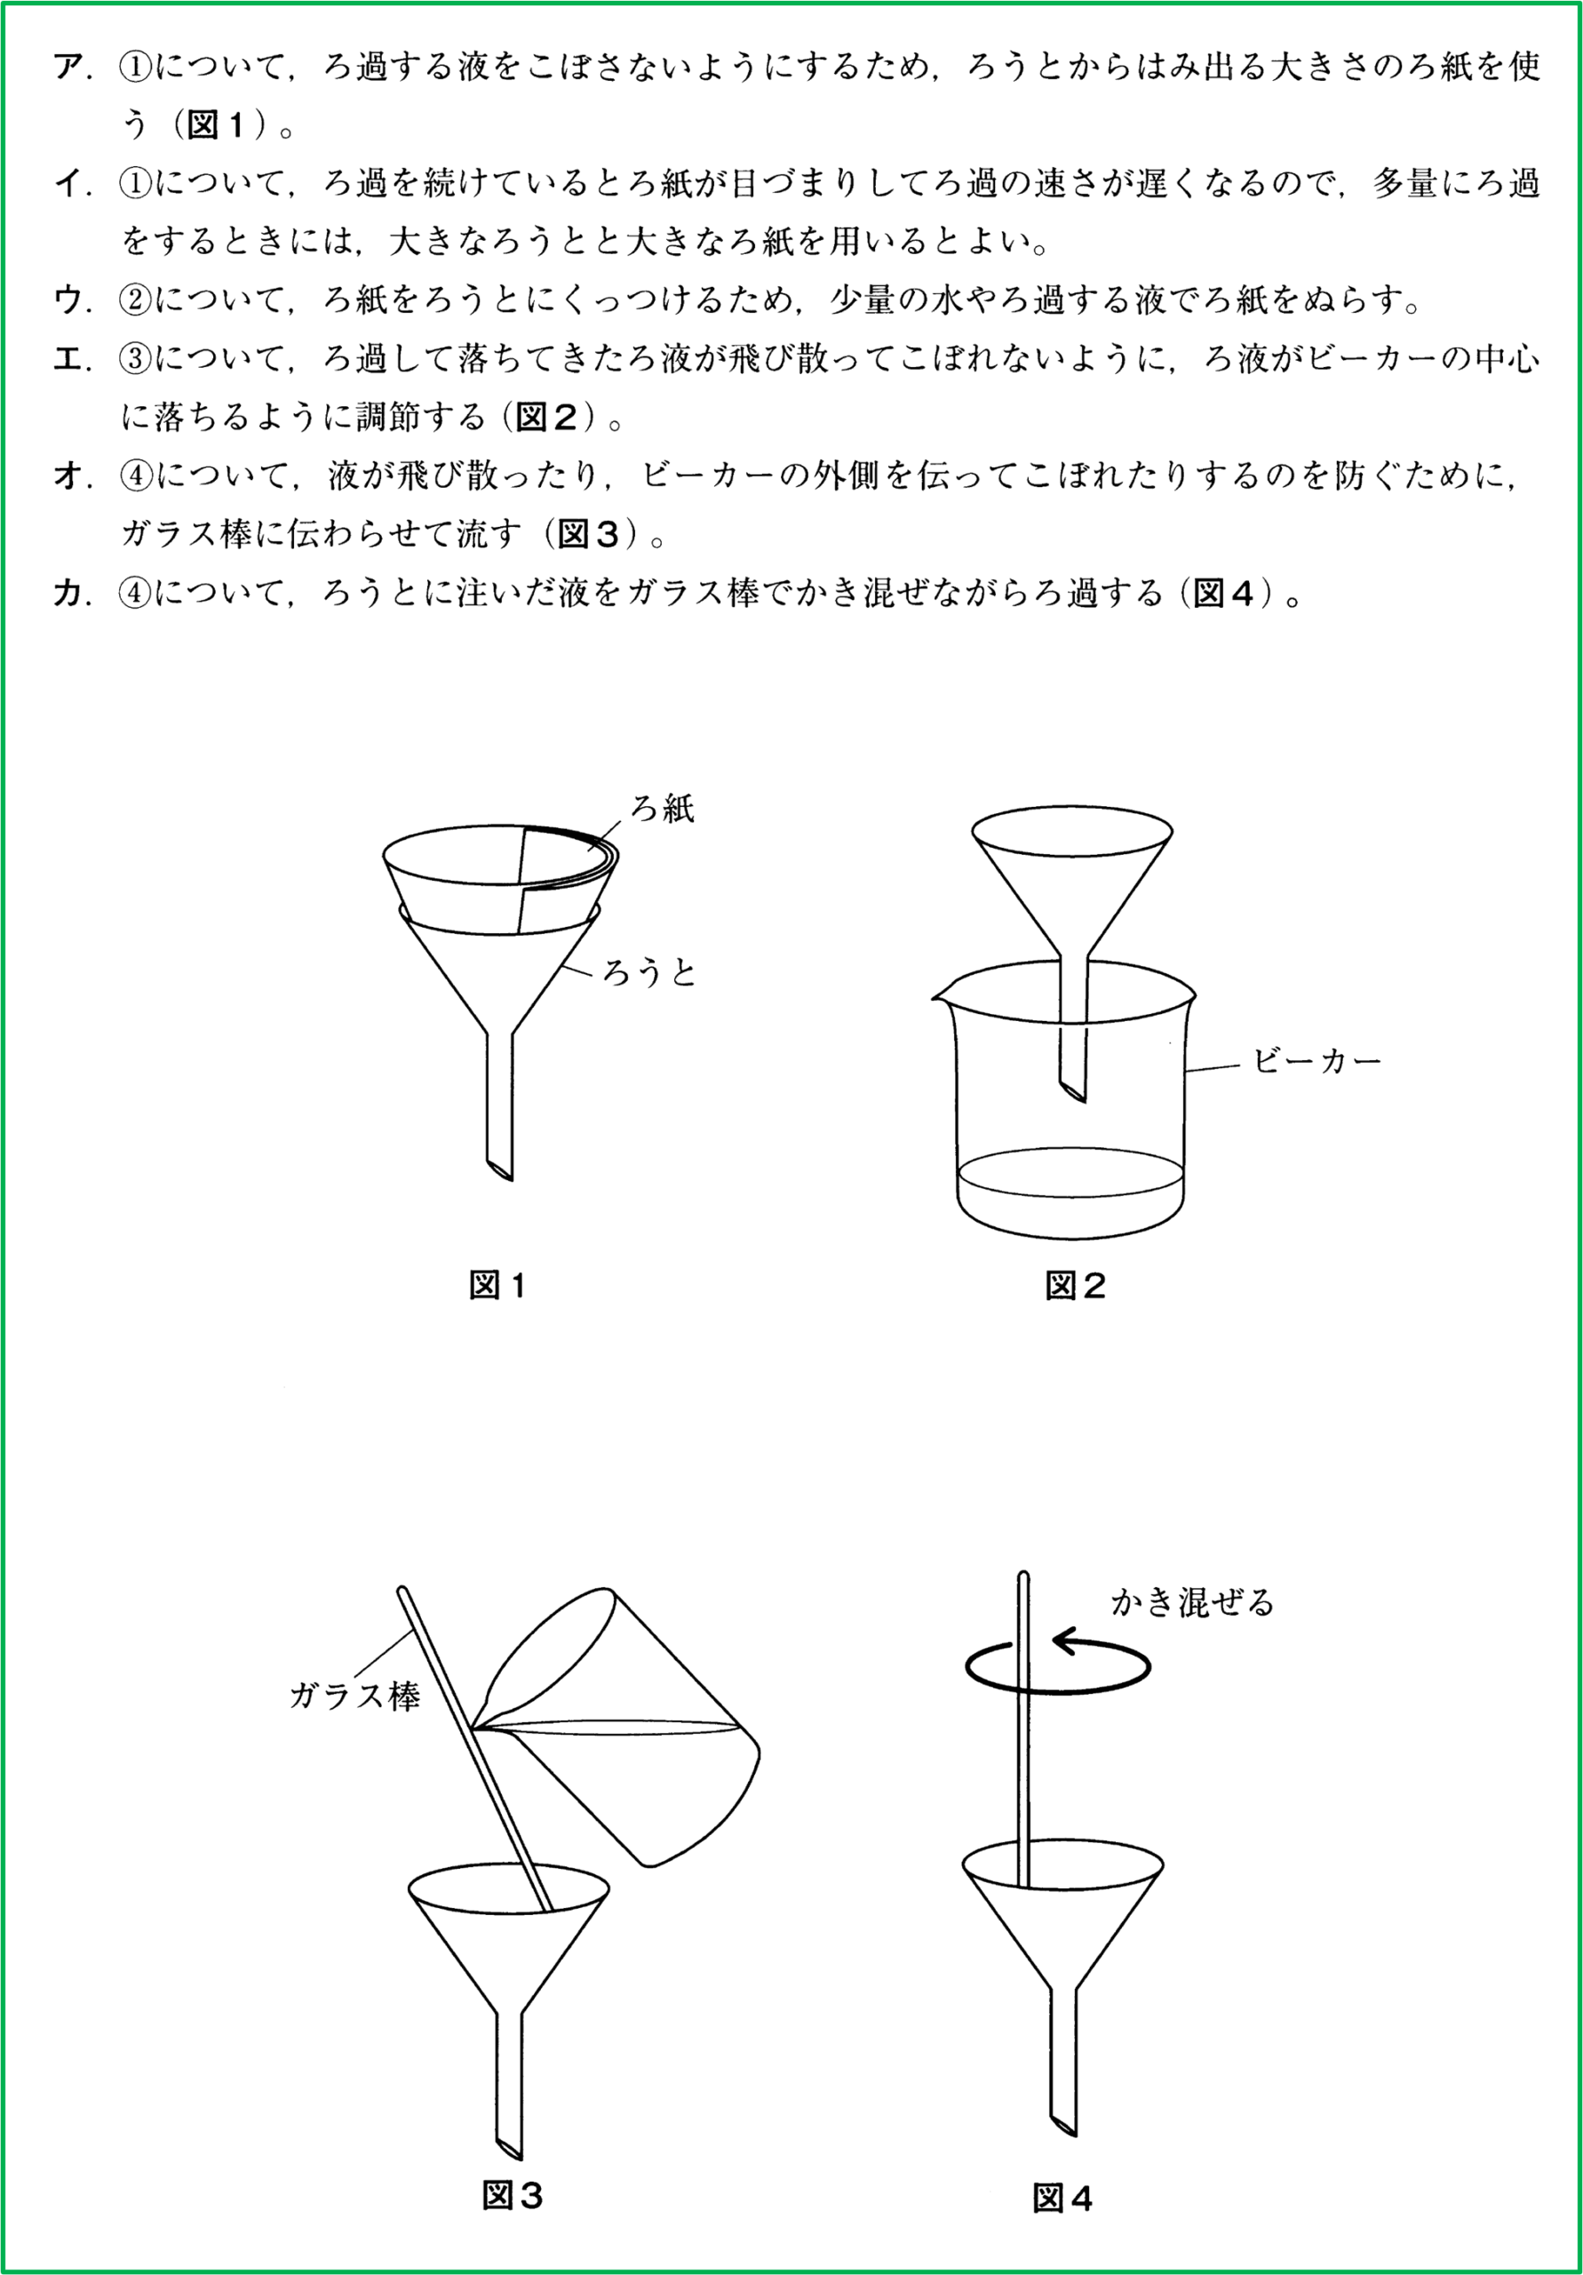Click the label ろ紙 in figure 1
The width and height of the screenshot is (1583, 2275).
click(663, 809)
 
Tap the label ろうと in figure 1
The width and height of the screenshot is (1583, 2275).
click(650, 973)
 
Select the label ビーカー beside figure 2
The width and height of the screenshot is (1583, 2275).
click(1317, 1061)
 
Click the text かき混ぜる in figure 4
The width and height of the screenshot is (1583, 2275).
click(1192, 1602)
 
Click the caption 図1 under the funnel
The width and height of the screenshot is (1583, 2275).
click(497, 1286)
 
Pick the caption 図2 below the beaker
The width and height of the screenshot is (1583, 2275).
click(1075, 1286)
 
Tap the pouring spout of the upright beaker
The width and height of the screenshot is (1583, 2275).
click(937, 994)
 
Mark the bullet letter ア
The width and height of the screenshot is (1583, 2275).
click(69, 68)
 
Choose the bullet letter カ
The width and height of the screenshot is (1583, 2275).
click(68, 594)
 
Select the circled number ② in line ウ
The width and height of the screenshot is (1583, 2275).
click(134, 300)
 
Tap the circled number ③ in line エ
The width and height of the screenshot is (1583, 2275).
click(134, 359)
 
